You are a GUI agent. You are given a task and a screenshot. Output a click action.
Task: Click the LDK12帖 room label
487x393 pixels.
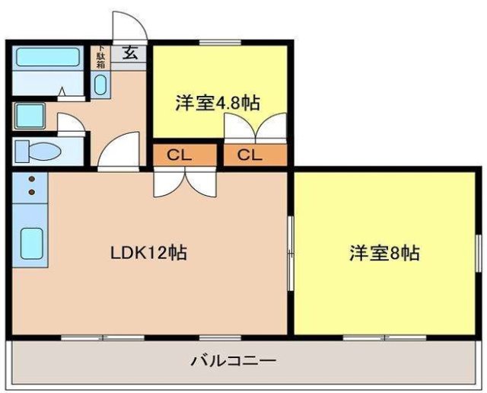coord(150,252)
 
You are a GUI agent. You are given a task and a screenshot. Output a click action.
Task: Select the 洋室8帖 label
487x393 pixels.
coord(384,253)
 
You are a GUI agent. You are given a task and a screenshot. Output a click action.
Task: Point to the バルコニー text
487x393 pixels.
coord(233,359)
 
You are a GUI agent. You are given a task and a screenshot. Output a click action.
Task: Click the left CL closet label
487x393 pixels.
coord(180,155)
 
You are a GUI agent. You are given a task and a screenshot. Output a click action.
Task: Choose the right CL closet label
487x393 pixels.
coord(249,155)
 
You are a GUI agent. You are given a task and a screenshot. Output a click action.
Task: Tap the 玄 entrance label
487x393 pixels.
coord(130,54)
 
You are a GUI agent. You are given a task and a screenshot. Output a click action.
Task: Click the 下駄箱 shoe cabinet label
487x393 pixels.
coord(100,58)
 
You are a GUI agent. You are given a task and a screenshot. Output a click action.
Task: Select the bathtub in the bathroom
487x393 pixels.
coord(47,58)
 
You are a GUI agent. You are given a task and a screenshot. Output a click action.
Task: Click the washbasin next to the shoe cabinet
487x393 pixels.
coord(100,85)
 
